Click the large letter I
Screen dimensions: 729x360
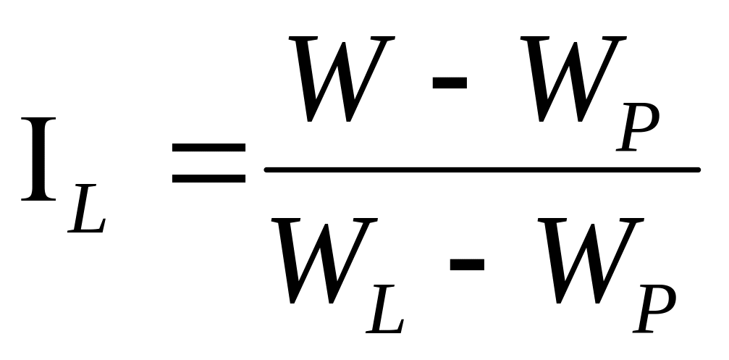click(41, 160)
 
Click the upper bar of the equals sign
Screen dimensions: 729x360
click(208, 146)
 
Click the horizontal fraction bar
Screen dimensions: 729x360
click(482, 169)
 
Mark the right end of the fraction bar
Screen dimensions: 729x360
click(696, 169)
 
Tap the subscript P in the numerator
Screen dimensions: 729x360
click(638, 128)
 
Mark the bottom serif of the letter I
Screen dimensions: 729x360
click(41, 197)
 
